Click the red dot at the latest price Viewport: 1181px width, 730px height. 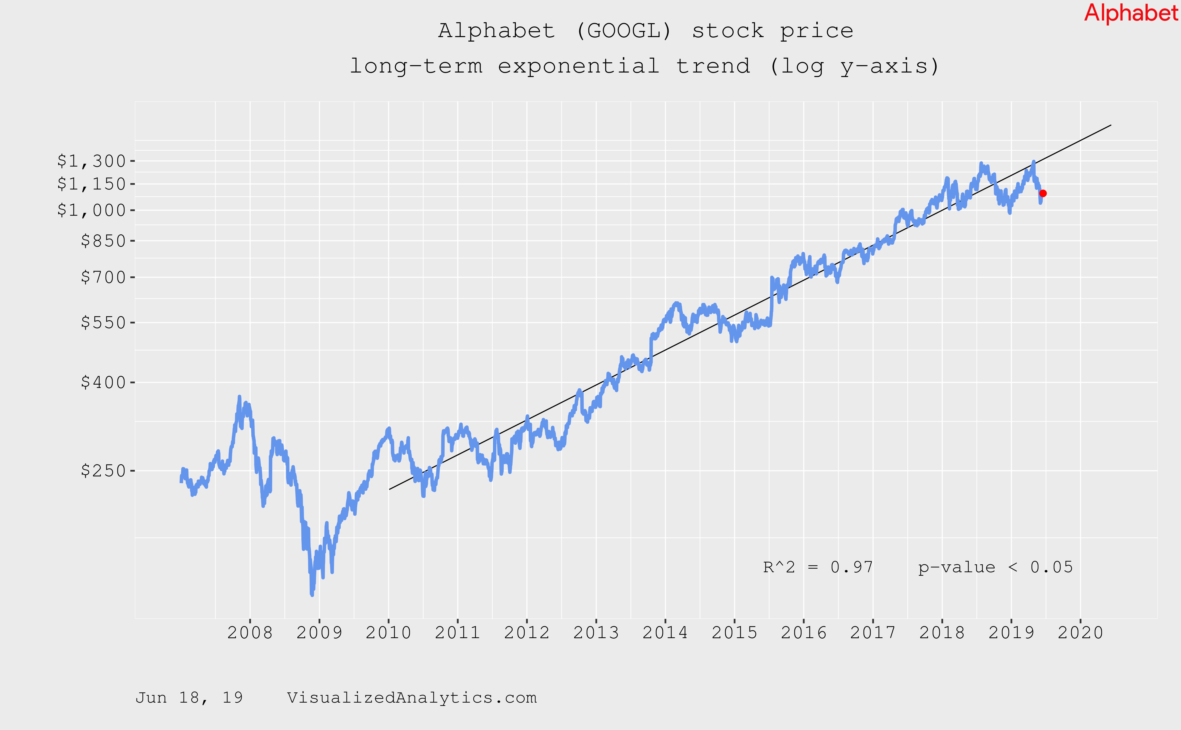[1043, 193]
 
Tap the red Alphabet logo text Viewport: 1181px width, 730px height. [1131, 13]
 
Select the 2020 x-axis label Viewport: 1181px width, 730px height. [1080, 632]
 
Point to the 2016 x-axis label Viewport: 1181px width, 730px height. [804, 632]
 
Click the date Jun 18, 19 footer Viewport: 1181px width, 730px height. [189, 698]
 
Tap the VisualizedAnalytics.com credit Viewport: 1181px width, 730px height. [412, 698]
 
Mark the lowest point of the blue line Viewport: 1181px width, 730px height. [312, 595]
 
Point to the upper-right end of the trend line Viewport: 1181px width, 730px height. [1111, 125]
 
